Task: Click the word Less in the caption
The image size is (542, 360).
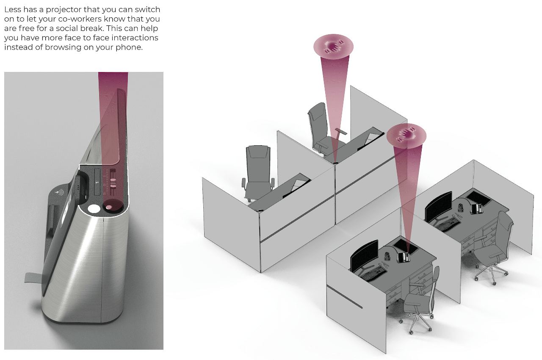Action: click(x=13, y=9)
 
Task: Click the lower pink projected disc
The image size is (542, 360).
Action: click(x=406, y=135)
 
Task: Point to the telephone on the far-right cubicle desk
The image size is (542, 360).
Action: click(x=478, y=207)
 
